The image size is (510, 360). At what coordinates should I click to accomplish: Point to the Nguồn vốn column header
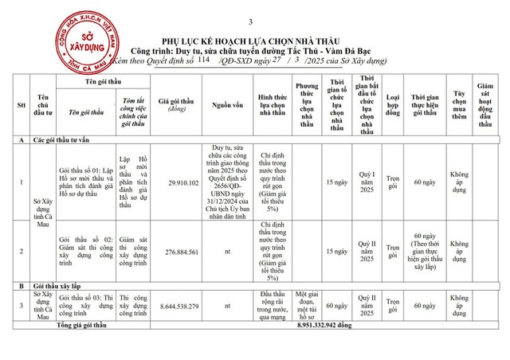pos(226,105)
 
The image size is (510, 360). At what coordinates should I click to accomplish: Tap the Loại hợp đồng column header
pos(393,105)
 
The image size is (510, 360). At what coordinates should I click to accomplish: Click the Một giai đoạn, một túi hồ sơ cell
pos(307,305)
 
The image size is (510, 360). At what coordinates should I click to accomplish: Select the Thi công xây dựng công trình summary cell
pos(132,305)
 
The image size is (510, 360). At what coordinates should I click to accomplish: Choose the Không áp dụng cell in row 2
pos(458,250)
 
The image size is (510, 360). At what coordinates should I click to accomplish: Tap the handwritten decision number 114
pos(203,60)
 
